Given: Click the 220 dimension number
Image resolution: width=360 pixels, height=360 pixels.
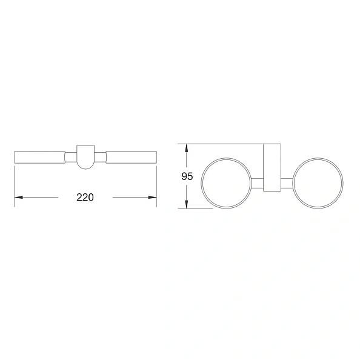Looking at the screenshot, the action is point(85,198).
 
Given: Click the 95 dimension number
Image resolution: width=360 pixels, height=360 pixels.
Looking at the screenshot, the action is point(187,176).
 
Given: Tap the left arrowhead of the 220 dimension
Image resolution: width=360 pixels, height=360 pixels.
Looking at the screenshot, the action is point(19,197).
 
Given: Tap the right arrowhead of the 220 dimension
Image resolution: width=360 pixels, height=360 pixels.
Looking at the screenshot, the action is point(153,197).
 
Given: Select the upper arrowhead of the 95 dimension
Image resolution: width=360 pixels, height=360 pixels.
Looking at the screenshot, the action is point(187,148).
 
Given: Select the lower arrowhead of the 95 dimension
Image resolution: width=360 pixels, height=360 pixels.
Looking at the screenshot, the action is point(187,204).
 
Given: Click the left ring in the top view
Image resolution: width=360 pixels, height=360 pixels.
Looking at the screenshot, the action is point(201,183).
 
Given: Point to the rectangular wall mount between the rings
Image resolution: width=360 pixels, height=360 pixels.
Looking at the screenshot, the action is point(272,168).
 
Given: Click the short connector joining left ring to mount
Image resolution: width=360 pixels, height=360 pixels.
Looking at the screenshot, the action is point(258,183).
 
